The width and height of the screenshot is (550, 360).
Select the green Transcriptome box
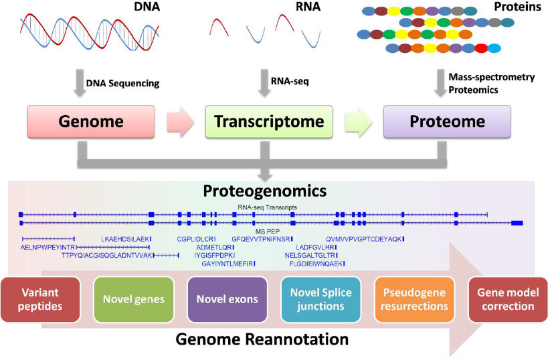pos(269,122)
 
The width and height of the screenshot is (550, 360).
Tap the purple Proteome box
pos(446,122)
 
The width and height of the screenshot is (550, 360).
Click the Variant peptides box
pos(39,300)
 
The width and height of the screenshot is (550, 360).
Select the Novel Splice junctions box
pos(318,300)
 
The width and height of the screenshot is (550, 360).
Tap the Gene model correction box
pos(507,300)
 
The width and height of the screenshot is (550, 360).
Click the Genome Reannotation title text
pos(262,339)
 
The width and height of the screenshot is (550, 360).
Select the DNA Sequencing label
pos(122,84)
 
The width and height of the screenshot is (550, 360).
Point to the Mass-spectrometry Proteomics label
pos(491,84)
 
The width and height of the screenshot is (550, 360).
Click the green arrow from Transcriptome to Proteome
pos(360,122)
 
